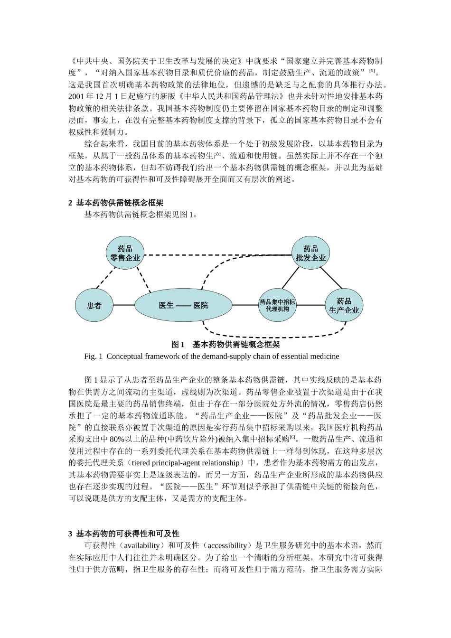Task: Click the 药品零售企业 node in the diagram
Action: coord(125,253)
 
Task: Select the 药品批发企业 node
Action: coord(310,253)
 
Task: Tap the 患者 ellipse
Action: coord(94,305)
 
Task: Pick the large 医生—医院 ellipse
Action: coord(183,305)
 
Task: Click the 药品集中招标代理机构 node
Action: coord(277,305)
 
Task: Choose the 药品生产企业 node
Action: coord(344,305)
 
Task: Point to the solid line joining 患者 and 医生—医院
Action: coord(124,305)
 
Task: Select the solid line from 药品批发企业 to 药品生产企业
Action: coord(331,278)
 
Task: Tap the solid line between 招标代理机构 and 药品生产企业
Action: coord(310,305)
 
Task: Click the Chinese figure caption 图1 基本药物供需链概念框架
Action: coord(225,344)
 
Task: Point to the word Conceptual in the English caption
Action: coord(125,356)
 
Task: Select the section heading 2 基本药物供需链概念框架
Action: coord(116,203)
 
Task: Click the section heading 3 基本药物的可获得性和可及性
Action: coord(123,534)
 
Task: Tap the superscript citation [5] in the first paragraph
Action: coord(372,71)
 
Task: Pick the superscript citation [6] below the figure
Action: coord(292,437)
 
